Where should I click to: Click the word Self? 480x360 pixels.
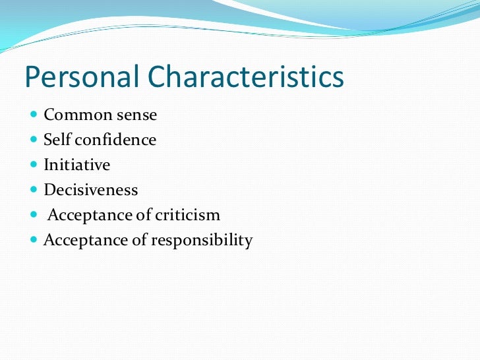pos(55,140)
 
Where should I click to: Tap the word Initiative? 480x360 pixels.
pos(76,165)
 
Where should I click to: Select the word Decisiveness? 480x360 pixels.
pos(91,190)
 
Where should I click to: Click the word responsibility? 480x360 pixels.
pos(202,241)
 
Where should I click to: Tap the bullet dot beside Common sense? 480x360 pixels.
pos(34,115)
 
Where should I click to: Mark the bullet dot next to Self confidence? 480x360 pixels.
pos(34,140)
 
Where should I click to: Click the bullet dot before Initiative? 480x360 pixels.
pos(34,165)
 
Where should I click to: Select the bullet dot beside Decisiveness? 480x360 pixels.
pos(34,191)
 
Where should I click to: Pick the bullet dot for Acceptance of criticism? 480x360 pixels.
pos(34,216)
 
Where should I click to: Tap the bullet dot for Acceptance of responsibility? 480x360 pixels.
pos(34,241)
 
